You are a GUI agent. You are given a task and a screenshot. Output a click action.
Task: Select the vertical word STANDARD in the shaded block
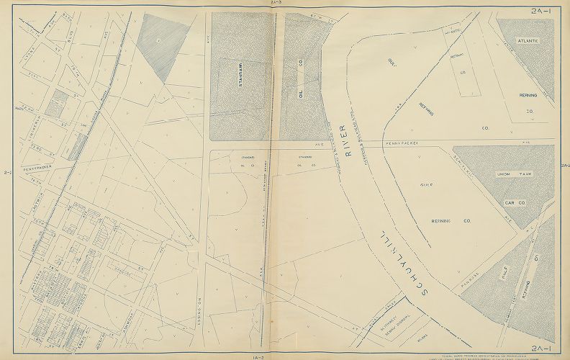point(235,76)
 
